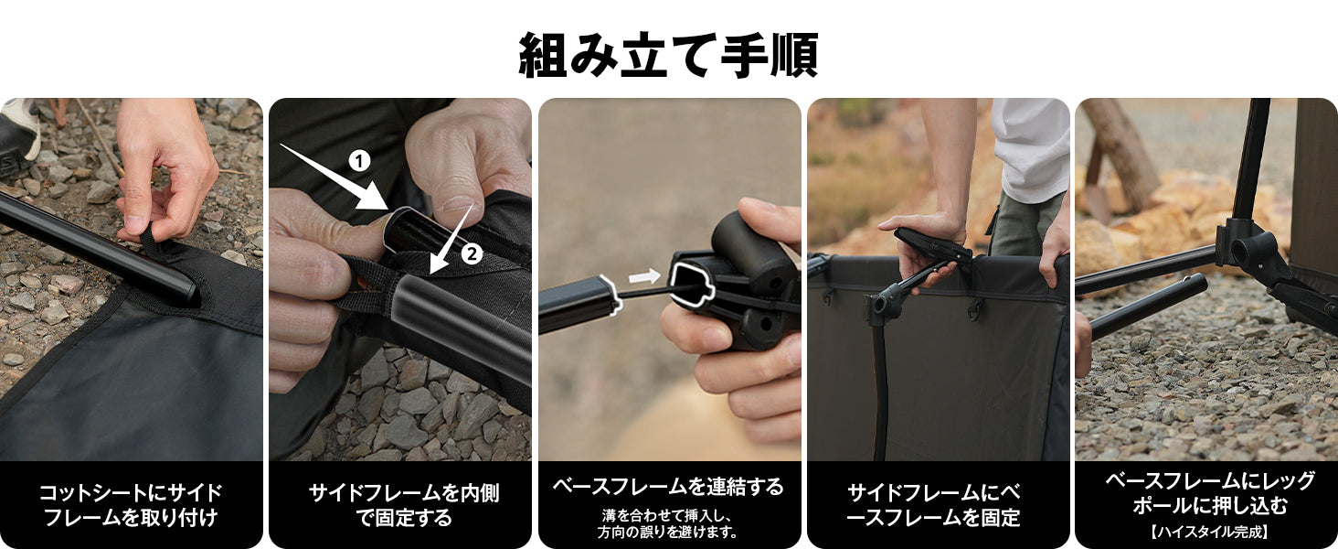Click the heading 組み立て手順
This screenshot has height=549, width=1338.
[x=668, y=55]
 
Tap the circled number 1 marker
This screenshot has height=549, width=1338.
[x=360, y=162]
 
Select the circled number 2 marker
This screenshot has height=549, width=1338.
[x=472, y=254]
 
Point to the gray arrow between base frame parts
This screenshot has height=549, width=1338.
[x=644, y=275]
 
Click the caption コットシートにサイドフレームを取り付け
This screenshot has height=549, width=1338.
[x=131, y=505]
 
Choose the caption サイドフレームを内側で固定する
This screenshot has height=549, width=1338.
[x=399, y=505]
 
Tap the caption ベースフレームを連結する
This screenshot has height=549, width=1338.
[x=668, y=487]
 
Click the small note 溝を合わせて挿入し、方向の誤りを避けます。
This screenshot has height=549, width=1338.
[x=668, y=523]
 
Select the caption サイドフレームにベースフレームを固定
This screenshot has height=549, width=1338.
[x=938, y=505]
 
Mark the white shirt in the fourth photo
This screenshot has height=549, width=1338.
[x=1031, y=146]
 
